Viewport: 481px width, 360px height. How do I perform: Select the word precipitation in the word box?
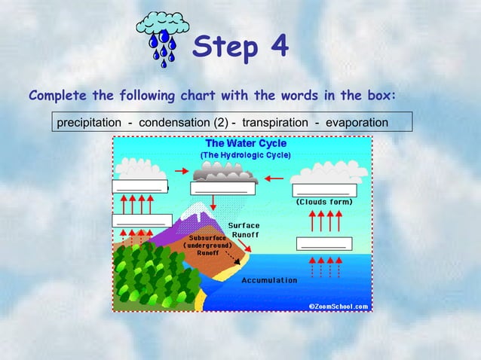89,122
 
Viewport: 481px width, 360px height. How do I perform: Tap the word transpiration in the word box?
274,122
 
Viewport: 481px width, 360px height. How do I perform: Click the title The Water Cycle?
246,143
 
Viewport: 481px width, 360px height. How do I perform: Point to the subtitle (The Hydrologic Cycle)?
246,154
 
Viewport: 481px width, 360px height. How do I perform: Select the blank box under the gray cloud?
222,189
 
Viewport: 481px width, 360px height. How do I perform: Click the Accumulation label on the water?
269,280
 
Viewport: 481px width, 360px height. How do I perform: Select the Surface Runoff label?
244,230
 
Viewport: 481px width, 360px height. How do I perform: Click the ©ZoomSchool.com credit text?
339,306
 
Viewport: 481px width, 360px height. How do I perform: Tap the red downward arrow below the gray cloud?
213,202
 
